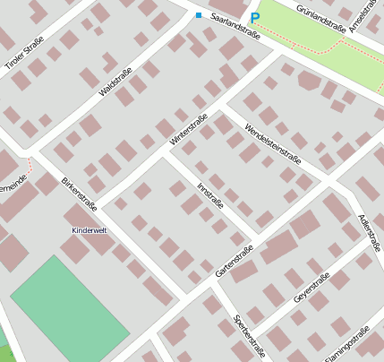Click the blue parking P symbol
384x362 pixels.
pos(254,17)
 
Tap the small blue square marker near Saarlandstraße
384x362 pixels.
pos(198,14)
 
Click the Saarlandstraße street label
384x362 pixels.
pos(235,26)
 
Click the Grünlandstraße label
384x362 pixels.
pos(313,14)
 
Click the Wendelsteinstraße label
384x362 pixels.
pos(272,143)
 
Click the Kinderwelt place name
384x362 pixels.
pos(89,230)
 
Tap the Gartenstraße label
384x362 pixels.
pos(235,260)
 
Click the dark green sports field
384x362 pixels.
pos(69,309)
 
